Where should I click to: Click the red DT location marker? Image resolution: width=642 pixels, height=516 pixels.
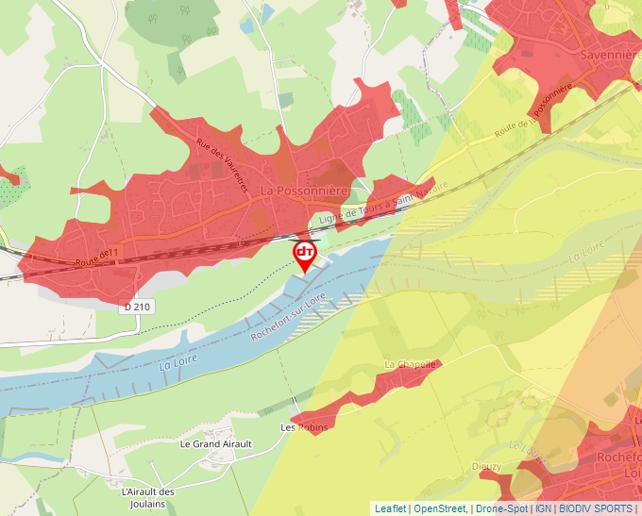tap(305, 255)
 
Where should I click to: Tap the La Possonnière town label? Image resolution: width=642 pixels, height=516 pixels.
tap(304, 191)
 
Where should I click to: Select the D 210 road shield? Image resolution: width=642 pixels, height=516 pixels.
tap(136, 308)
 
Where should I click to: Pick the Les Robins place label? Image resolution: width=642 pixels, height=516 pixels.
tap(304, 427)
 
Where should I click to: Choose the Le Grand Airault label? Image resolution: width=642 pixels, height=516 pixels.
tap(216, 443)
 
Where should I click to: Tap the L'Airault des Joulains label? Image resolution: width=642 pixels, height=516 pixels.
tap(149, 497)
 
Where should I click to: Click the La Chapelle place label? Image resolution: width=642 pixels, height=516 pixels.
tap(411, 364)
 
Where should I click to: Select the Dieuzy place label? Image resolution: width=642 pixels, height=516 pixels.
tap(488, 466)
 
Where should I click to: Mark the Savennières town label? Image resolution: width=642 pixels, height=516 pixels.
tap(609, 55)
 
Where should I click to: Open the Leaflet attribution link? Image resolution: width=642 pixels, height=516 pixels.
tap(391, 508)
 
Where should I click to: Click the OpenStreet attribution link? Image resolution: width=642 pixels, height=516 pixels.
tap(439, 508)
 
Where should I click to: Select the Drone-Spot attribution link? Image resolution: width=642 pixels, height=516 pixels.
tap(501, 508)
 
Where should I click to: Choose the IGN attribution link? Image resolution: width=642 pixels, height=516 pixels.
tap(544, 508)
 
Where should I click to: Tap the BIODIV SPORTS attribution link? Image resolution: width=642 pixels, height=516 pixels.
tap(596, 508)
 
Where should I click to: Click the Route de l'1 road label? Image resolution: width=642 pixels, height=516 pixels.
tap(97, 256)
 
